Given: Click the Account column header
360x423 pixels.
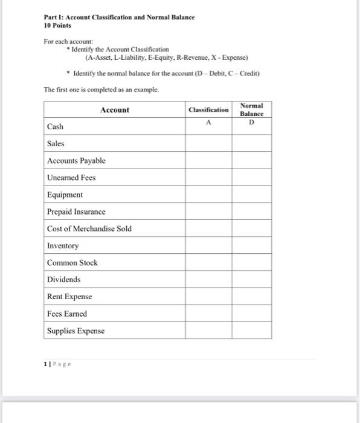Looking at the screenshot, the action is pyautogui.click(x=114, y=110).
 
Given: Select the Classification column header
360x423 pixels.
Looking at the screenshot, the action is pyautogui.click(x=208, y=110).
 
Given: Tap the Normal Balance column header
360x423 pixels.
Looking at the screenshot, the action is pyautogui.click(x=251, y=110).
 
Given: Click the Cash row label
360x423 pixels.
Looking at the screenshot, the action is pyautogui.click(x=55, y=127).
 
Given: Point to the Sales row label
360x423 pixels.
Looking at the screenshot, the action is pyautogui.click(x=56, y=144).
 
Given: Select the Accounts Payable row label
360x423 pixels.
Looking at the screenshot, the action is pyautogui.click(x=76, y=161).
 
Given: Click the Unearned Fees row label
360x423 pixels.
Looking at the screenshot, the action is pyautogui.click(x=71, y=178).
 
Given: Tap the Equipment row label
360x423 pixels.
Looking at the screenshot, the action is pyautogui.click(x=65, y=195).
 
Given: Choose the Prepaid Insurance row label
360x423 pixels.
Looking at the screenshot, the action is pyautogui.click(x=76, y=212).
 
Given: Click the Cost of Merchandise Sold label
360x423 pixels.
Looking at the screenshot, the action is pyautogui.click(x=89, y=229).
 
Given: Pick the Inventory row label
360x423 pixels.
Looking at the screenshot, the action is pyautogui.click(x=63, y=246).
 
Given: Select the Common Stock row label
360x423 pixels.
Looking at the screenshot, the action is pyautogui.click(x=72, y=263).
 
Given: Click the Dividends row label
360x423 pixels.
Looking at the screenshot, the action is pyautogui.click(x=64, y=280).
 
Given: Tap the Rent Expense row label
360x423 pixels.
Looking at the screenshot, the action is pyautogui.click(x=69, y=297).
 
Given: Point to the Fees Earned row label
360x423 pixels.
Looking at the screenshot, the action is pyautogui.click(x=67, y=314).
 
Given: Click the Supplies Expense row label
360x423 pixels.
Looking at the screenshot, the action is pyautogui.click(x=76, y=331).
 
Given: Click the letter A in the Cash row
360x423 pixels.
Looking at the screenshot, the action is pyautogui.click(x=208, y=121).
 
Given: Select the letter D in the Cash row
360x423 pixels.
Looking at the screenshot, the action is pyautogui.click(x=252, y=122).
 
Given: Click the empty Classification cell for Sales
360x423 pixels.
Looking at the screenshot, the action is pyautogui.click(x=208, y=144).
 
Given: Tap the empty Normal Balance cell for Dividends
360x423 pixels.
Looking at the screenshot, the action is pyautogui.click(x=252, y=280).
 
